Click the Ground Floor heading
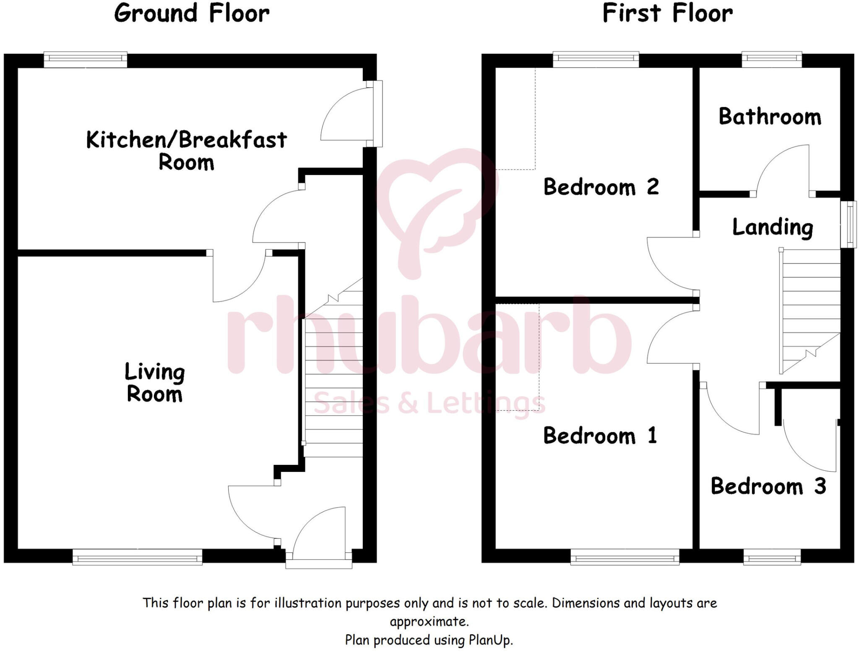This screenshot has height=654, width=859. tap(192, 13)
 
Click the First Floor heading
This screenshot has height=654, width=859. tap(667, 13)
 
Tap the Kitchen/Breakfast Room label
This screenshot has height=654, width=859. tap(186, 151)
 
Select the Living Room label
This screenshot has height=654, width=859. tap(155, 383)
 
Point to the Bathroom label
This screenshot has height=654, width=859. tap(770, 117)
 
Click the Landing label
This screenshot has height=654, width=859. tap(773, 228)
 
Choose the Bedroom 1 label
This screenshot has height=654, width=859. tap(600, 435)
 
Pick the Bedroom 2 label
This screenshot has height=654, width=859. tap(601, 187)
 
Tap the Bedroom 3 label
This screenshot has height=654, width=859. tap(768, 486)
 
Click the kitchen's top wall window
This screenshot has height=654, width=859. tap(86, 59)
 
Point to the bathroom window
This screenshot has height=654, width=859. tap(772, 59)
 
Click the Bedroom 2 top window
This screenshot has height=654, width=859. tap(596, 59)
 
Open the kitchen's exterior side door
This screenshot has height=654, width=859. tap(377, 114)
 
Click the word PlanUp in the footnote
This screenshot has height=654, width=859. tap(490, 640)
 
